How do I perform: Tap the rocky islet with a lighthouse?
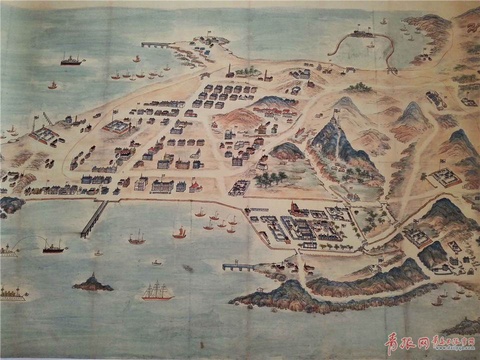point(92,283)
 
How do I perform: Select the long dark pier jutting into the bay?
point(94,219)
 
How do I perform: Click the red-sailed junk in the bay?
point(179,232)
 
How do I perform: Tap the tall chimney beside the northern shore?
point(229,70)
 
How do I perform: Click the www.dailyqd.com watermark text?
point(452,345)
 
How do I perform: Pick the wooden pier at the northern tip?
point(157,45)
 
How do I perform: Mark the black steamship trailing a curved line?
point(53,247)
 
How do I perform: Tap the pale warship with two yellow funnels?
point(12,293)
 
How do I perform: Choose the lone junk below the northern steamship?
point(52,85)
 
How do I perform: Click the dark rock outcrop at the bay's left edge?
point(10,204)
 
